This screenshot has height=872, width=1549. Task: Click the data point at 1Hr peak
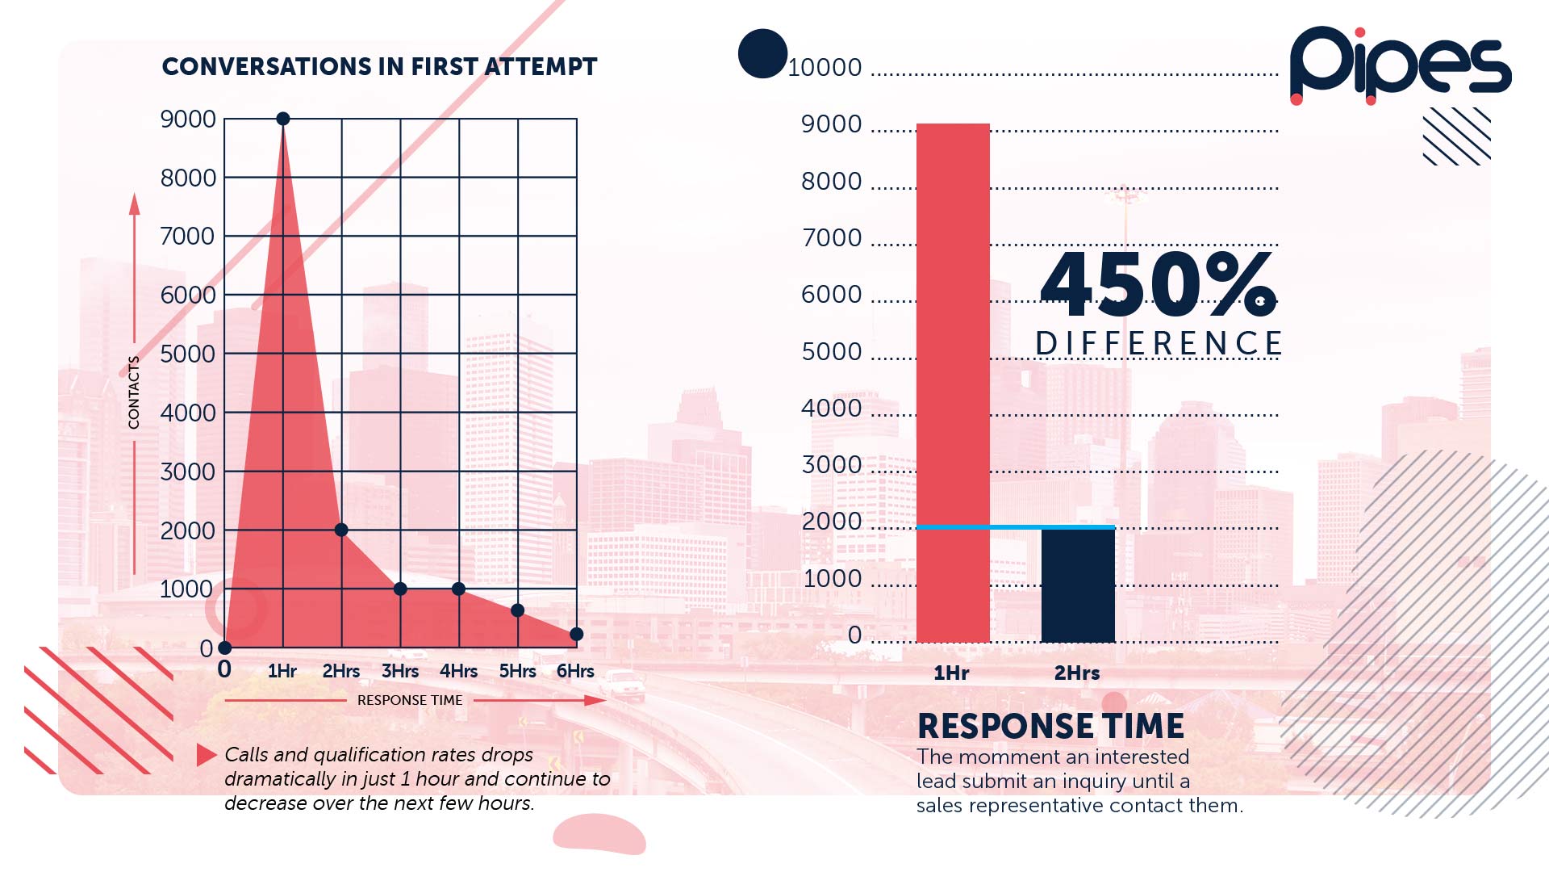click(283, 119)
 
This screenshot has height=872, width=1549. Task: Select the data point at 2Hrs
click(341, 530)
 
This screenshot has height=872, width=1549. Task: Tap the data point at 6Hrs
click(576, 634)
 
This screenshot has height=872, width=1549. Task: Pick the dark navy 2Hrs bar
click(1078, 585)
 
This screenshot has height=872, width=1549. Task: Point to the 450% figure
click(1159, 284)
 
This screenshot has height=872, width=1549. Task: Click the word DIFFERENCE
click(1159, 343)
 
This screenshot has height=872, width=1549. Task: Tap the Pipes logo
click(1400, 65)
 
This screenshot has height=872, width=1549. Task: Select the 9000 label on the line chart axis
click(188, 119)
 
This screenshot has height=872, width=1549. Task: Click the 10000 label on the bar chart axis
click(825, 68)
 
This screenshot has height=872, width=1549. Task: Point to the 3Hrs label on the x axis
click(400, 671)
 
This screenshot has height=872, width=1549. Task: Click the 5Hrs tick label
click(517, 671)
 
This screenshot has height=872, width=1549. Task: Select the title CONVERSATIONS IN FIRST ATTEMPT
click(379, 66)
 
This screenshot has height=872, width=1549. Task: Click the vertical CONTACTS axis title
click(134, 392)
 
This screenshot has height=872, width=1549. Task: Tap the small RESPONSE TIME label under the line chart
click(410, 700)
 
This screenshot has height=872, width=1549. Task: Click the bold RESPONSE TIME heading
click(1050, 726)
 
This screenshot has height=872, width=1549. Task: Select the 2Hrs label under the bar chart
click(1077, 673)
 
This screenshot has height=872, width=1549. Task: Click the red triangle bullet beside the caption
click(206, 755)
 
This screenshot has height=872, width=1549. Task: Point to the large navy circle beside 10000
click(762, 53)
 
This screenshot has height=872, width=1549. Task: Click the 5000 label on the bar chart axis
click(832, 352)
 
